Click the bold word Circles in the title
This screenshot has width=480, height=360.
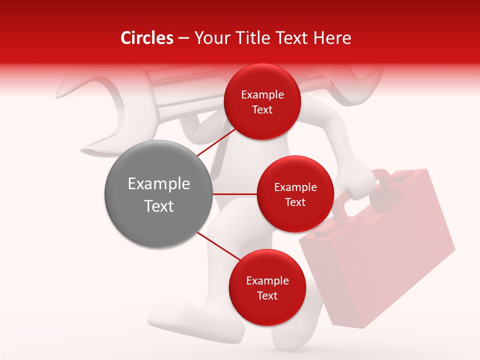point(146,38)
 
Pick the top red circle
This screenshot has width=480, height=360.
point(262,101)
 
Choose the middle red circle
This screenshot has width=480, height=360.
point(295,194)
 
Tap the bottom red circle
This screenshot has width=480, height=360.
point(267,287)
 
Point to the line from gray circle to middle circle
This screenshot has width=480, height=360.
point(235,194)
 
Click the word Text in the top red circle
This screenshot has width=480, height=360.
point(262,109)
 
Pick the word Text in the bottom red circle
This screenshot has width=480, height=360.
point(267,295)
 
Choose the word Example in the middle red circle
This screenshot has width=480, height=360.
point(295,187)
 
